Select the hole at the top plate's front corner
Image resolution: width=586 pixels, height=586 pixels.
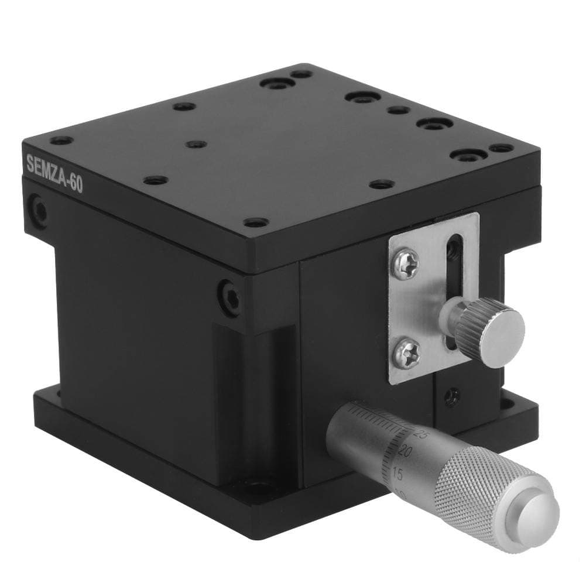click(255, 223)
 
